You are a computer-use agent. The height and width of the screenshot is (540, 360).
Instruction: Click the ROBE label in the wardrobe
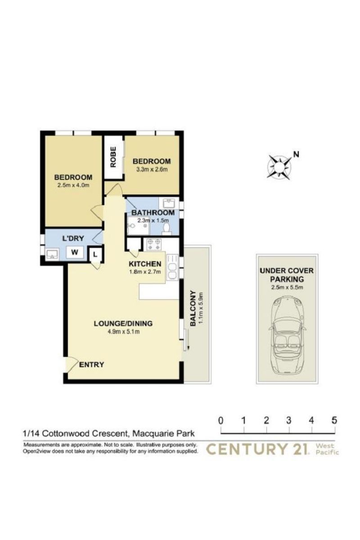(113, 157)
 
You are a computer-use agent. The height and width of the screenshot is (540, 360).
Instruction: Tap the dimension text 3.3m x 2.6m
(152, 169)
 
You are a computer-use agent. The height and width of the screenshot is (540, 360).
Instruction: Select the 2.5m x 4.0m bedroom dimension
(73, 185)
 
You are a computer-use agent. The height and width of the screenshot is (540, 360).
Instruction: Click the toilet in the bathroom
(166, 229)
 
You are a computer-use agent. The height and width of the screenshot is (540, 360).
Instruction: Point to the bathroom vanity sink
(169, 203)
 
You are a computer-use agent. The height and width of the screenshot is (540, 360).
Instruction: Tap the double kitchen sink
(172, 267)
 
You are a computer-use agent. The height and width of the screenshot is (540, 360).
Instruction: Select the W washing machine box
(75, 252)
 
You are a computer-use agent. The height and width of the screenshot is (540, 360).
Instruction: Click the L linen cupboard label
(95, 254)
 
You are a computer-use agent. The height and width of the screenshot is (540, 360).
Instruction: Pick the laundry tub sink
(52, 255)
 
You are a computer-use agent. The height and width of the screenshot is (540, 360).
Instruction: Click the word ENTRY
(92, 364)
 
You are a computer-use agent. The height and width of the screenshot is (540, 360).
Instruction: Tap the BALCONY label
(193, 308)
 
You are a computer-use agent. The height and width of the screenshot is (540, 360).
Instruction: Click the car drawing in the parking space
(287, 336)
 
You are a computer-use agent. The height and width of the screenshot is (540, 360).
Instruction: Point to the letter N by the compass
(296, 154)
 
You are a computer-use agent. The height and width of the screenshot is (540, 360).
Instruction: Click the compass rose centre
(279, 167)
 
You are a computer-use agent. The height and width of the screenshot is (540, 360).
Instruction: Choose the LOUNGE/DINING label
(123, 323)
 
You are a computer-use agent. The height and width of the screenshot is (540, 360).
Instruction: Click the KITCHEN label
(145, 264)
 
